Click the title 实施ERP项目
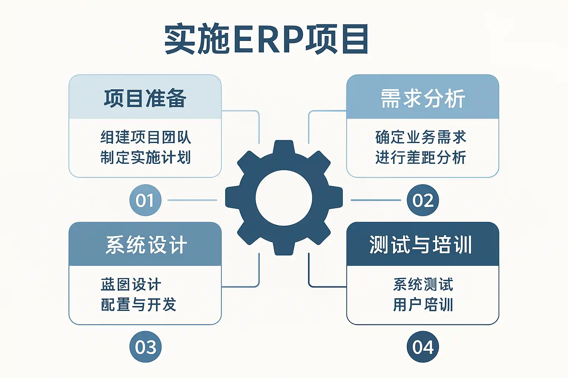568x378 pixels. click(x=266, y=39)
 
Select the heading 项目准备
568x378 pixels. click(x=145, y=99)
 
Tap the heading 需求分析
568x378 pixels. click(x=423, y=99)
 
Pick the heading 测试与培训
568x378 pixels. click(x=421, y=245)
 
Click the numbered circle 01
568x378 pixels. click(x=145, y=200)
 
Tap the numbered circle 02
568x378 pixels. click(x=423, y=200)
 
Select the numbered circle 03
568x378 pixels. click(x=145, y=347)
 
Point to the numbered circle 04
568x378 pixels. click(x=423, y=347)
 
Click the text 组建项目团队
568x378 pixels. click(x=146, y=137)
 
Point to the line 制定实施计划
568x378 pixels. click(x=146, y=157)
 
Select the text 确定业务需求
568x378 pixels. click(x=420, y=137)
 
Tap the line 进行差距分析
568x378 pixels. click(x=420, y=157)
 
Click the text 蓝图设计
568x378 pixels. click(x=131, y=285)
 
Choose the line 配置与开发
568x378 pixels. click(x=139, y=305)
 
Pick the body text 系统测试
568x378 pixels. click(x=423, y=285)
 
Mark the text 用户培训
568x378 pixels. click(x=423, y=305)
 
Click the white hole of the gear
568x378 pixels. click(x=284, y=198)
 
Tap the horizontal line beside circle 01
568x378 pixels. click(x=192, y=200)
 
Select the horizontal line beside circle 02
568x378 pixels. click(x=376, y=200)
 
